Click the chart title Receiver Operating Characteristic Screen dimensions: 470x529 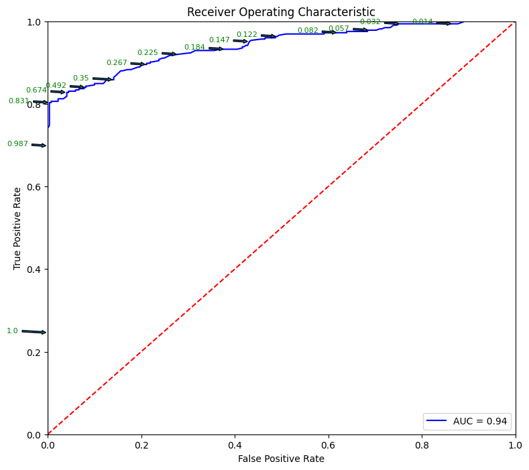coord(281,12)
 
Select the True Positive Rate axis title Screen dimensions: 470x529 coord(17,228)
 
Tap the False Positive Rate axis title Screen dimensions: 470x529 coord(281,459)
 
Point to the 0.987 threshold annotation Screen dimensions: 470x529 coord(17,143)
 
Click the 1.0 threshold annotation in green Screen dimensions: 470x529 coord(12,331)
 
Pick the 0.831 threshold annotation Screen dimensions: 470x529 coord(19,101)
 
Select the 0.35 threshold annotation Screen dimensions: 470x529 coord(80,78)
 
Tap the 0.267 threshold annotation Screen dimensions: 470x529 coord(117,62)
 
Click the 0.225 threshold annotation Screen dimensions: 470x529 coord(148,52)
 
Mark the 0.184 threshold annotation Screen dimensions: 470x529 coord(194,47)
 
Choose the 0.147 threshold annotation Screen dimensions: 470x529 coord(219,40)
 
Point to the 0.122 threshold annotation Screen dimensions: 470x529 coord(247,34)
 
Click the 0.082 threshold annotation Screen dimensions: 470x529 coord(308,30)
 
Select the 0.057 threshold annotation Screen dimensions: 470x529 coord(339,28)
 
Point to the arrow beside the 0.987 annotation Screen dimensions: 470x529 coord(38,145)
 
